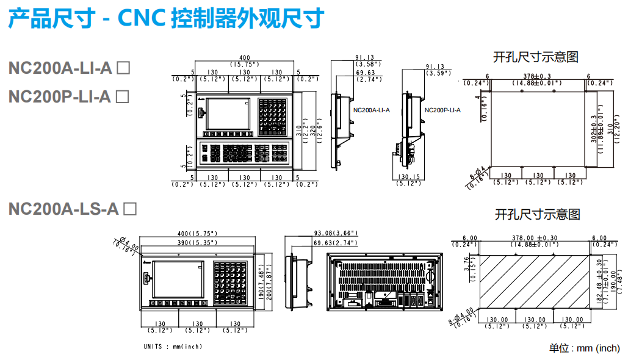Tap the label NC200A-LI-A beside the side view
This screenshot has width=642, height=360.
(x=371, y=110)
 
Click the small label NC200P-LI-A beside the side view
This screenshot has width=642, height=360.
(x=442, y=110)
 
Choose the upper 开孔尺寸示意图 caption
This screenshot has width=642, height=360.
(x=536, y=57)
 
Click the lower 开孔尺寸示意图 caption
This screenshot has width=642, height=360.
(x=537, y=215)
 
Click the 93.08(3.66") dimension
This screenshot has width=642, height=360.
(x=335, y=233)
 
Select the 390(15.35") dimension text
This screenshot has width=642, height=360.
(x=197, y=242)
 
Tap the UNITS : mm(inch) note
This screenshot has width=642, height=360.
(x=173, y=347)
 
